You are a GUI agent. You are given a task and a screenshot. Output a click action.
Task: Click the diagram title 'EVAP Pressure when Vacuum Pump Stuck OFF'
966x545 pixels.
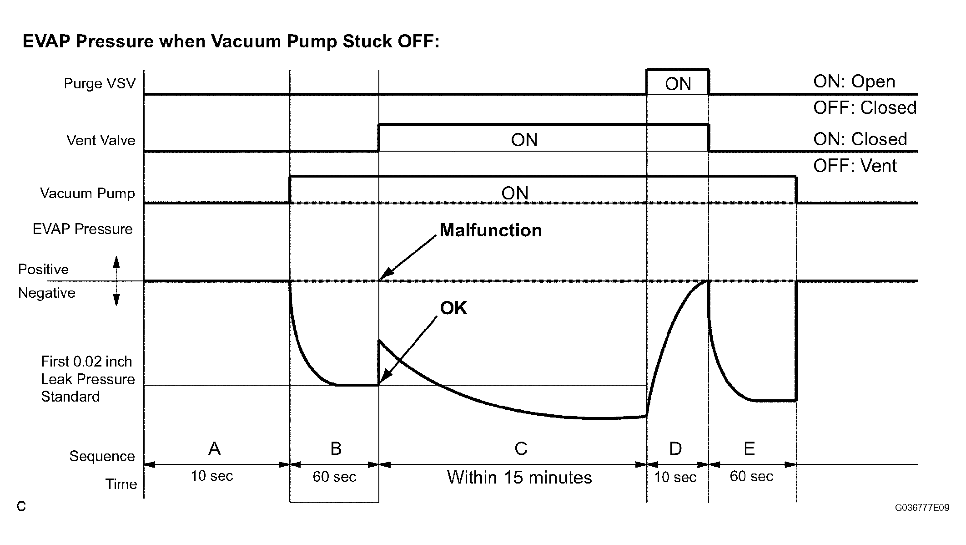(231, 41)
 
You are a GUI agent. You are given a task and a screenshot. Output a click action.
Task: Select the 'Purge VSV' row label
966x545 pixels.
(100, 84)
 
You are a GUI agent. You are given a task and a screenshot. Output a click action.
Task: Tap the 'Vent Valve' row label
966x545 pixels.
(101, 140)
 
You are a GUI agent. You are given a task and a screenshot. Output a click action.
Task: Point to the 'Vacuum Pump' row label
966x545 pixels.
(87, 193)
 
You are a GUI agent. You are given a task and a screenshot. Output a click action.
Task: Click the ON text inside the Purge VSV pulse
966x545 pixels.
(678, 84)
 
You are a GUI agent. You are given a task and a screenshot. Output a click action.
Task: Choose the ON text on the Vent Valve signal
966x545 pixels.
(524, 140)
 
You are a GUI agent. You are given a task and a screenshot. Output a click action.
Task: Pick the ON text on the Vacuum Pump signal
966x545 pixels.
(514, 193)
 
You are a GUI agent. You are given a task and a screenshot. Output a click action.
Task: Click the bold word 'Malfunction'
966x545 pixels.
(490, 230)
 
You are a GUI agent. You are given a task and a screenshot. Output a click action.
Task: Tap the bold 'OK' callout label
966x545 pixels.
(453, 308)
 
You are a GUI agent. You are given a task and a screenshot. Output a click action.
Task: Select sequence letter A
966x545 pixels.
(214, 449)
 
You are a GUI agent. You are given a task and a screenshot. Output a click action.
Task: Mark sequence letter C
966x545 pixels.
(521, 449)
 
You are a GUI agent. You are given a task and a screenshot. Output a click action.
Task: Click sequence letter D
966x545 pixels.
(675, 449)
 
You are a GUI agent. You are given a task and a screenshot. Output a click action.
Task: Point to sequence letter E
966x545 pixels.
(749, 449)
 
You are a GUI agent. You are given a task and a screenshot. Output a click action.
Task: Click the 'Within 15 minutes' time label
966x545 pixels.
(519, 478)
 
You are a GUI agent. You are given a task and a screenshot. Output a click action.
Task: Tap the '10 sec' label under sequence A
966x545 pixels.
(211, 476)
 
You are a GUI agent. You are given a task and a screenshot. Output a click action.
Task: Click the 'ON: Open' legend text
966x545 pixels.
(854, 82)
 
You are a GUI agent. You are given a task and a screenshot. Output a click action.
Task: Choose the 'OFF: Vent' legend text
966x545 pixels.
(855, 166)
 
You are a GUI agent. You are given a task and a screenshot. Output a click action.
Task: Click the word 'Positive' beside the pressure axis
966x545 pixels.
(43, 270)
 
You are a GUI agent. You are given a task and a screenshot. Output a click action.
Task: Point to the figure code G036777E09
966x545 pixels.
(922, 508)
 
